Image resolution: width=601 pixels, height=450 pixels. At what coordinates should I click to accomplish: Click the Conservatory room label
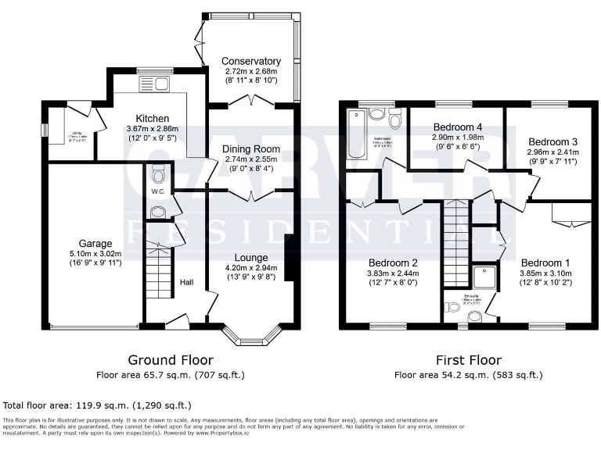click(x=250, y=61)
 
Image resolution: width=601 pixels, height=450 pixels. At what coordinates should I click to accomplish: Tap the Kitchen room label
click(x=153, y=118)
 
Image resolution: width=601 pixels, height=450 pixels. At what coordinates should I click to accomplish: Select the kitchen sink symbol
click(x=148, y=83)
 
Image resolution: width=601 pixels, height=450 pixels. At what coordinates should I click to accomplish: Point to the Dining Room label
click(x=250, y=148)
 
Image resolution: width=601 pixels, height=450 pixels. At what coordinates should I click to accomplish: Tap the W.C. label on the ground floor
click(x=157, y=191)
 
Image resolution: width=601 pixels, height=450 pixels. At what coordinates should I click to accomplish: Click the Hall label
click(x=187, y=283)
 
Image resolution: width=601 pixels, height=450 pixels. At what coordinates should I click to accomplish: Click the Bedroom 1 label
click(x=545, y=262)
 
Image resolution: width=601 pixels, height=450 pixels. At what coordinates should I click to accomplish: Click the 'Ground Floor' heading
click(x=185, y=360)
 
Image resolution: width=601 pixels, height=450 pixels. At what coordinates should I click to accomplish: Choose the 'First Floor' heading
click(x=467, y=360)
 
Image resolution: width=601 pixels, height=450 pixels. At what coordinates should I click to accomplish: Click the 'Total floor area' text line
click(x=97, y=405)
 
